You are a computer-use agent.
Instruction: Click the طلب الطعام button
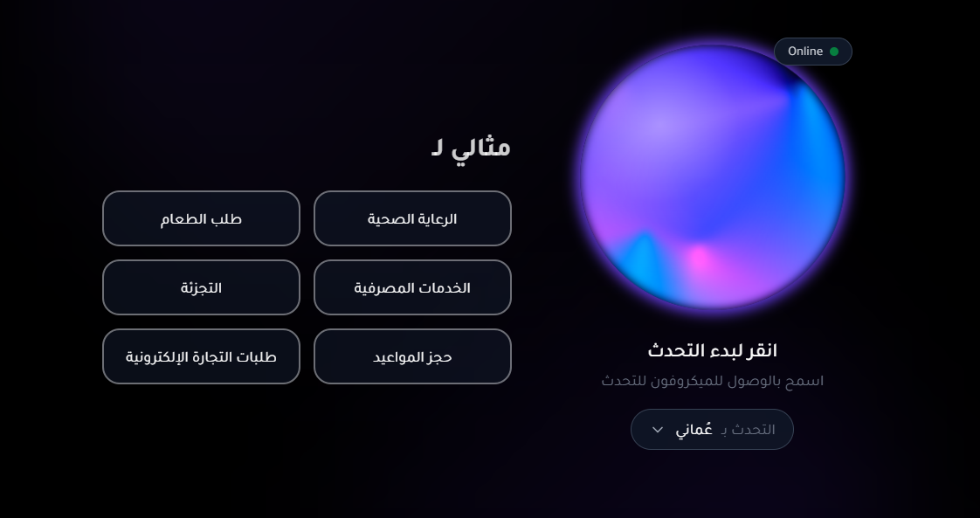click(x=201, y=218)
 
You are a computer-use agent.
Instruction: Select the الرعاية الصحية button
click(x=412, y=218)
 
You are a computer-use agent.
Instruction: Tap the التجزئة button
click(x=201, y=287)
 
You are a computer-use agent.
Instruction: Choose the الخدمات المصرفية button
click(x=412, y=287)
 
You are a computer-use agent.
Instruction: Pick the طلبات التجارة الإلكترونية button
click(x=201, y=356)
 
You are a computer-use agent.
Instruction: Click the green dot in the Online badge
click(x=834, y=52)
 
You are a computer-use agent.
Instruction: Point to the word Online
click(x=804, y=52)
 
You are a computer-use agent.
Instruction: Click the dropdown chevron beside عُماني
click(x=658, y=430)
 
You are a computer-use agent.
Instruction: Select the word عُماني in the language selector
click(x=694, y=429)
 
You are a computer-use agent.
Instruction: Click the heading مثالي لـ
click(x=471, y=147)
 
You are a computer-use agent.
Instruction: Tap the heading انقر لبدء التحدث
click(x=712, y=350)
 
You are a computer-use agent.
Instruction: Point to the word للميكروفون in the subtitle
click(x=691, y=381)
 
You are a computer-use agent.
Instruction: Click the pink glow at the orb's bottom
click(x=699, y=258)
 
